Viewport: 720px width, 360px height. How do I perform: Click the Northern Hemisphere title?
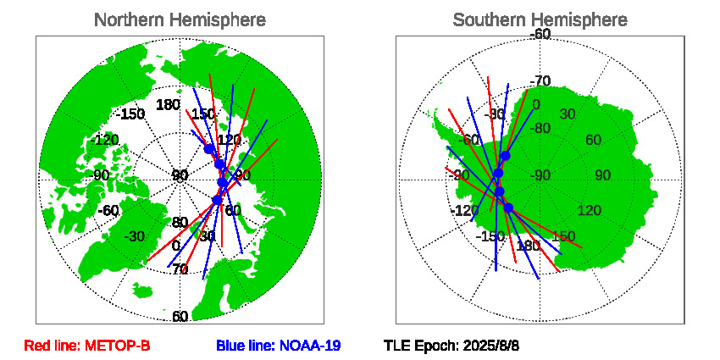coord(180,19)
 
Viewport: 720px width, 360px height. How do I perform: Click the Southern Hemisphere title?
coord(540,19)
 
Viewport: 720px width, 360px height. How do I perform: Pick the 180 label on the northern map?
coord(169,105)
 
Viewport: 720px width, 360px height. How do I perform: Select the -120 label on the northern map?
coord(106,140)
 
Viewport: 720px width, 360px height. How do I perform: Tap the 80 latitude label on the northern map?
coord(180,223)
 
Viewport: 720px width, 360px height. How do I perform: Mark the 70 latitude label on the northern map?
coord(180,269)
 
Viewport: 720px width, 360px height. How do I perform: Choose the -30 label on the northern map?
coord(135,236)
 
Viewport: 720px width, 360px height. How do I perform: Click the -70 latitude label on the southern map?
coord(540,81)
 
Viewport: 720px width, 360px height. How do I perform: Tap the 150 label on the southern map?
coord(563,235)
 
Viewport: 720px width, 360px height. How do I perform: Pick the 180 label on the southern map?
coord(528,246)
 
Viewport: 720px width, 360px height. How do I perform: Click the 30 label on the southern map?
coord(568,114)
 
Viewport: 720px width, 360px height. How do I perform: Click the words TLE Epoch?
coord(415,346)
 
